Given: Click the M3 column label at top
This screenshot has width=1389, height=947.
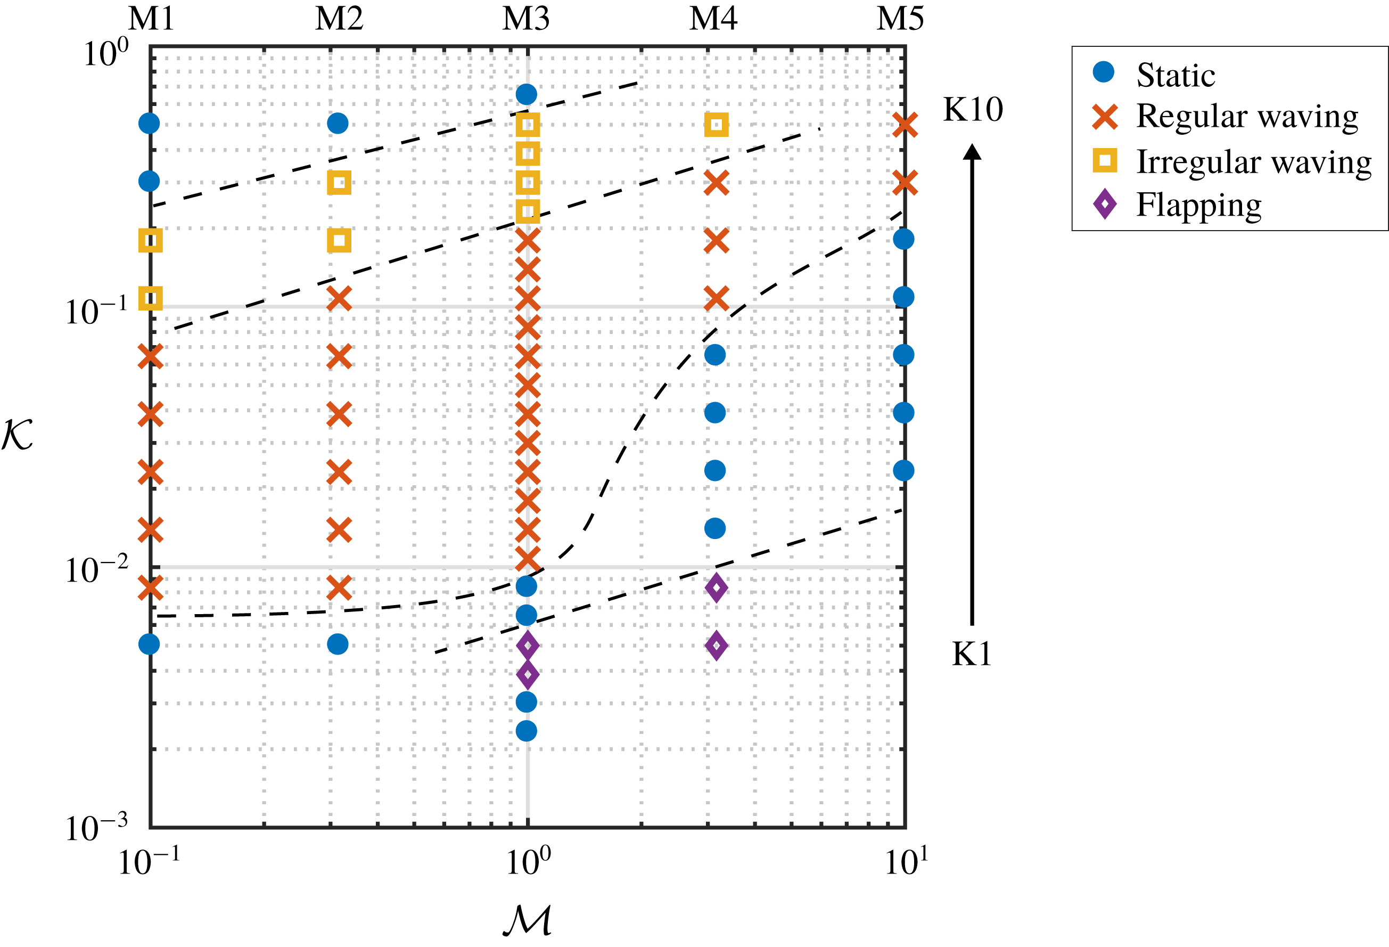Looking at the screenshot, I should (x=525, y=19).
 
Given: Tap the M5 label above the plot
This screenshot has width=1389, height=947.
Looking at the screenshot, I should (x=900, y=19).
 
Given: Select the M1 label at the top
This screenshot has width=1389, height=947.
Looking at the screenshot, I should (x=151, y=19).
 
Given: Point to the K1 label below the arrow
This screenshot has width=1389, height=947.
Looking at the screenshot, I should (x=971, y=654).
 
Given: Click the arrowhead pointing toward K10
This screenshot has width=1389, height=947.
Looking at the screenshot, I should (x=972, y=152).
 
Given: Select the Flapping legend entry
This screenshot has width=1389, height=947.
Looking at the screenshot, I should (x=1198, y=205).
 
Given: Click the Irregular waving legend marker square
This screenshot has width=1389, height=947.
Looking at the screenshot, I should (x=1105, y=161).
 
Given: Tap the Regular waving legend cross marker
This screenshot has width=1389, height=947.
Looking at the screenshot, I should (x=1105, y=117).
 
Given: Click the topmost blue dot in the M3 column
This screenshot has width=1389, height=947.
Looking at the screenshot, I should (x=526, y=94).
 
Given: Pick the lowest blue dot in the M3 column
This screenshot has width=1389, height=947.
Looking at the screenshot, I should (x=526, y=731).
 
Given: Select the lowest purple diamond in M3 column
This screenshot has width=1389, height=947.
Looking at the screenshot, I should (x=527, y=675).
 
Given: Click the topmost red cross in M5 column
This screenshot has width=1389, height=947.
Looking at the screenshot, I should (x=905, y=126).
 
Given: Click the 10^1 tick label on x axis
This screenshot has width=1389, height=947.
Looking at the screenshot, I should (x=906, y=863).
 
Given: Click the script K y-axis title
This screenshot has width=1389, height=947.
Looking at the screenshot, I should (x=18, y=435).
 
